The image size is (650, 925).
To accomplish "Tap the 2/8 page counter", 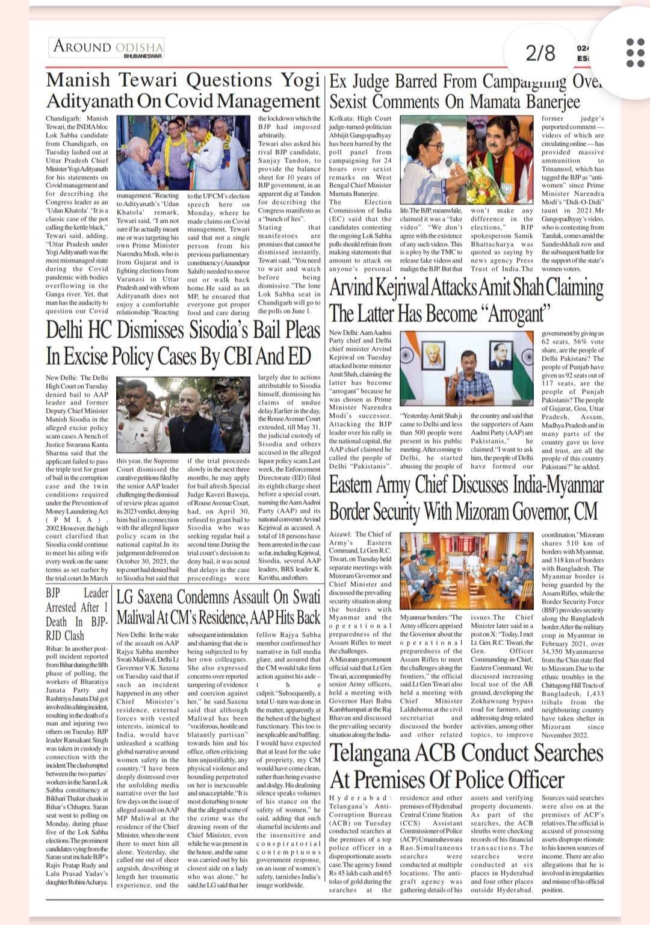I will click(540, 53).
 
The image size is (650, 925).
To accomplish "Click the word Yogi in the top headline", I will click(300, 80).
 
